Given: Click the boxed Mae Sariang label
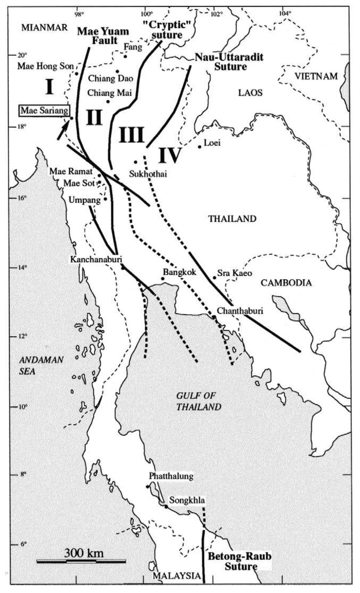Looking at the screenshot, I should pyautogui.click(x=44, y=111).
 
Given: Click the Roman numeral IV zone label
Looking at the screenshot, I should pyautogui.click(x=169, y=156).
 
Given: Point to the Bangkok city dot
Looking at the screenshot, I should pyautogui.click(x=163, y=279).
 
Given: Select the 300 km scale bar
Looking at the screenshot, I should pyautogui.click(x=81, y=561).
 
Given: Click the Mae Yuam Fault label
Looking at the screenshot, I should pyautogui.click(x=103, y=36).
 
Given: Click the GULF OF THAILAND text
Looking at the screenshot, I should pyautogui.click(x=198, y=401).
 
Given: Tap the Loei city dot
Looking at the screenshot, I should pyautogui.click(x=199, y=146).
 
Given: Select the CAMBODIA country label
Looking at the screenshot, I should pyautogui.click(x=286, y=283).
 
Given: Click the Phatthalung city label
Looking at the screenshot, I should pyautogui.click(x=171, y=476).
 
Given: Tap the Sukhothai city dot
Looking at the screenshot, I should pyautogui.click(x=135, y=162).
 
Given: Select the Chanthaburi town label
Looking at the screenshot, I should pyautogui.click(x=240, y=311).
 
